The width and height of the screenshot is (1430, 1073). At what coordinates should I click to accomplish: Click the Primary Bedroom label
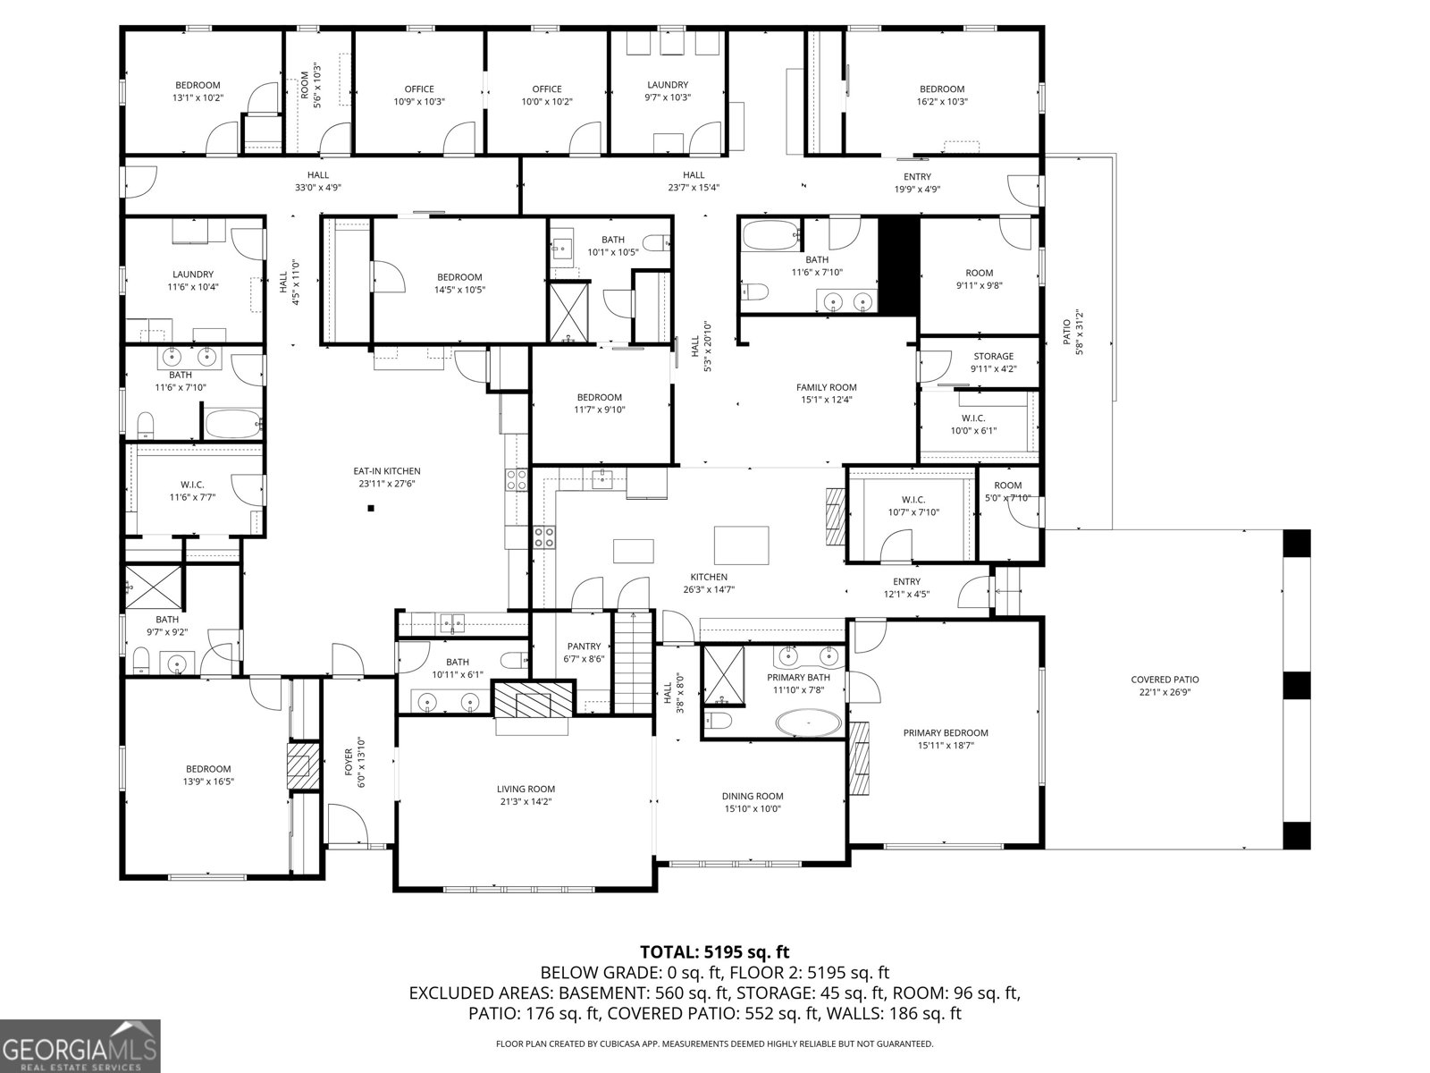[945, 732]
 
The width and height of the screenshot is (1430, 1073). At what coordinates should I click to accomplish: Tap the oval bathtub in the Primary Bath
[807, 722]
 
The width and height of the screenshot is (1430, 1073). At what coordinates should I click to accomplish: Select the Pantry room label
[585, 646]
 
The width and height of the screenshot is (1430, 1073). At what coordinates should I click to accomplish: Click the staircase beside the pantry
[635, 662]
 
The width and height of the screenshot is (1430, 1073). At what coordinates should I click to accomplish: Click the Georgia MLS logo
[80, 1045]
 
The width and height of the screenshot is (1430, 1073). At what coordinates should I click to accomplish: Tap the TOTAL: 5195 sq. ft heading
[714, 952]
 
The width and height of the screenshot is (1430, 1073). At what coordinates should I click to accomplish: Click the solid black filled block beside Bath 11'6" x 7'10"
[899, 266]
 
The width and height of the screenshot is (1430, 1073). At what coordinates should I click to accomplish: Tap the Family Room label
[826, 387]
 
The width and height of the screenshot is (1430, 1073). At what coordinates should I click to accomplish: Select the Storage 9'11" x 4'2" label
[993, 356]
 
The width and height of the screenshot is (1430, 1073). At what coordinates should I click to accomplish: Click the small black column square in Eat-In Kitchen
[371, 510]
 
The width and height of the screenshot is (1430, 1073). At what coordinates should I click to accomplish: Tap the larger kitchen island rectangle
[741, 545]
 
